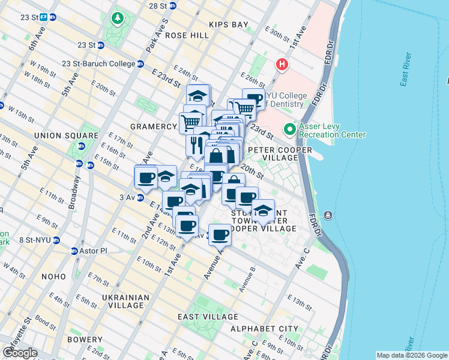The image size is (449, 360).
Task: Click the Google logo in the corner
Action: click(20, 353)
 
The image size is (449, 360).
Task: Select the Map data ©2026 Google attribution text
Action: click(411, 355)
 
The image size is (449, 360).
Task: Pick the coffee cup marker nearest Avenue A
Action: click(221, 235)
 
